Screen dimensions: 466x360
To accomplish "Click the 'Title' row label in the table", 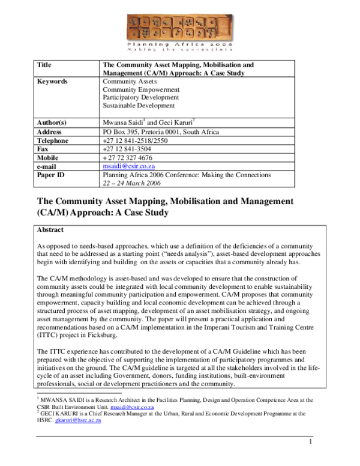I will pyautogui.click(x=44, y=64).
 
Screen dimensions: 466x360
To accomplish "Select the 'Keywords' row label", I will pyautogui.click(x=52, y=81).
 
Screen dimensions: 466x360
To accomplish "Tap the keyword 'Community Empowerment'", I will pyautogui.click(x=140, y=89).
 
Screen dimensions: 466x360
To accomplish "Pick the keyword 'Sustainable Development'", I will pyautogui.click(x=139, y=105).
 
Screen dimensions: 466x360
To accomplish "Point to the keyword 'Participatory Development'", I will pyautogui.click(x=141, y=97).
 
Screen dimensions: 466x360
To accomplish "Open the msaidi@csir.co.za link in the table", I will pyautogui.click(x=129, y=166).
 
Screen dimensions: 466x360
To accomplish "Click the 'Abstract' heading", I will pyautogui.click(x=50, y=229).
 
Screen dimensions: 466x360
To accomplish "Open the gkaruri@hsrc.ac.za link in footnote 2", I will pyautogui.click(x=77, y=420).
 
